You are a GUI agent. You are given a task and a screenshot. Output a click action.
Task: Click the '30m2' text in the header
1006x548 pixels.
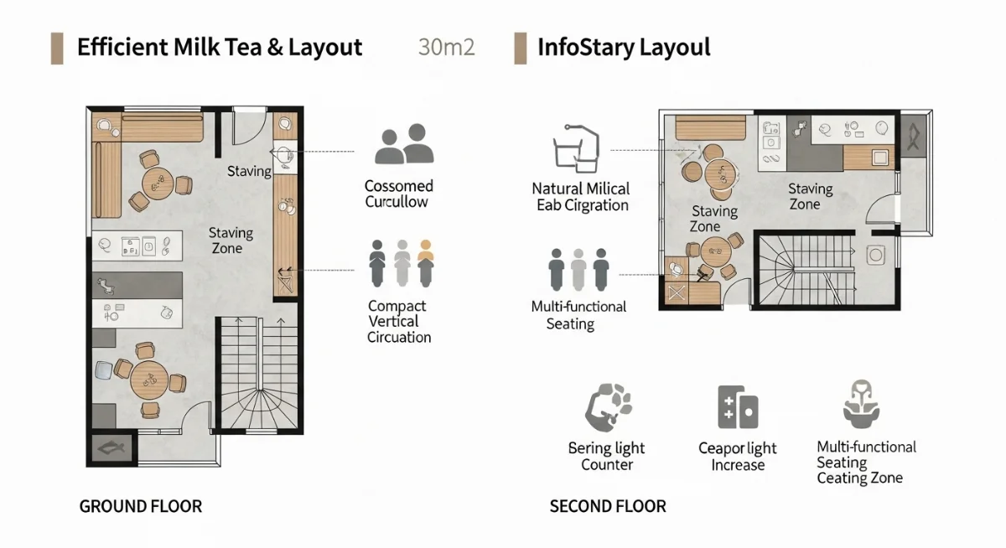(446, 47)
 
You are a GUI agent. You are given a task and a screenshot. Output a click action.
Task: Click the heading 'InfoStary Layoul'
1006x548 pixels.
(623, 47)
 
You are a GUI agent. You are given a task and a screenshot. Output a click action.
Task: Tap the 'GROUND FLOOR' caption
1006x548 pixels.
(141, 506)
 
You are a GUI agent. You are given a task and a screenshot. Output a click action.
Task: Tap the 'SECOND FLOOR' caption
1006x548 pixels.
(608, 506)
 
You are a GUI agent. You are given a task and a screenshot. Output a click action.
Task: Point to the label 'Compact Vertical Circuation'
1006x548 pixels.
(399, 322)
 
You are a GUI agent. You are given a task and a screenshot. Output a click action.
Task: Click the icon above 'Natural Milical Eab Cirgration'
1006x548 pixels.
(577, 148)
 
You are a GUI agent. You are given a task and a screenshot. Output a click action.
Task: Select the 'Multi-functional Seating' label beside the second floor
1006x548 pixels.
(578, 315)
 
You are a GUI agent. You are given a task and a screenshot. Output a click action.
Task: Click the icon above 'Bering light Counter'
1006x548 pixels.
(607, 407)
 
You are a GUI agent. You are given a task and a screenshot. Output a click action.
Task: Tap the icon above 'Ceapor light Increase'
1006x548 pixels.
(738, 407)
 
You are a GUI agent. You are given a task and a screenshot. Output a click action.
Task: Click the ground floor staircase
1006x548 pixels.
(258, 373)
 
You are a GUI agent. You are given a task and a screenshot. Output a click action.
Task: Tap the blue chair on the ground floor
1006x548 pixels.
(103, 368)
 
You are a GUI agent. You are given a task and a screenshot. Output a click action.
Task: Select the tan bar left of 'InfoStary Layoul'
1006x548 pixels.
(521, 48)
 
